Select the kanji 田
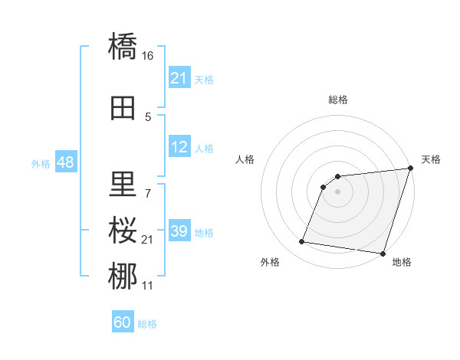tap(123, 108)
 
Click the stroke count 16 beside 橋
tap(148, 56)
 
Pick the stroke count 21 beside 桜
tap(148, 241)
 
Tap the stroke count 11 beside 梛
tap(148, 285)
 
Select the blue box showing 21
tap(179, 79)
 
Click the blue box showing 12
tap(179, 148)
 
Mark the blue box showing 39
tap(179, 232)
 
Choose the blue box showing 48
tap(65, 163)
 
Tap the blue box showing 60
tap(123, 323)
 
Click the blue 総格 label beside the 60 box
tap(147, 324)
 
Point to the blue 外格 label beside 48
tap(40, 164)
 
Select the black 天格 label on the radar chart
tap(431, 159)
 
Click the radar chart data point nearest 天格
tap(410, 169)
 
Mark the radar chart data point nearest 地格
tap(383, 254)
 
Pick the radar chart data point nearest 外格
tap(302, 242)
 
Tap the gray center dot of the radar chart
tap(337, 191)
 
